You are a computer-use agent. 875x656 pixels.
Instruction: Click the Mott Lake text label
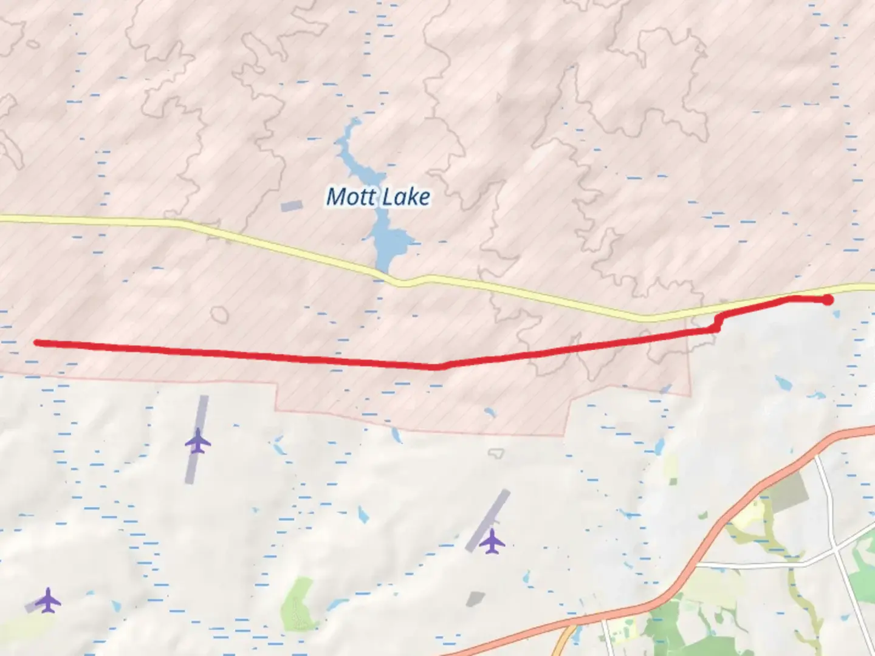click(378, 197)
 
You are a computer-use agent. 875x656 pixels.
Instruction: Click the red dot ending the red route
click(827, 299)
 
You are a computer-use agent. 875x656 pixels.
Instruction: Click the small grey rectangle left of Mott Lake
click(291, 207)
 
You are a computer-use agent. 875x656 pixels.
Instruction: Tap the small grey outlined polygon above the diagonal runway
click(496, 453)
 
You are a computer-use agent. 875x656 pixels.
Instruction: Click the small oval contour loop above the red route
click(219, 315)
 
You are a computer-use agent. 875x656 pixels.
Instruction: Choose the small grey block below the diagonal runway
click(475, 599)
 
